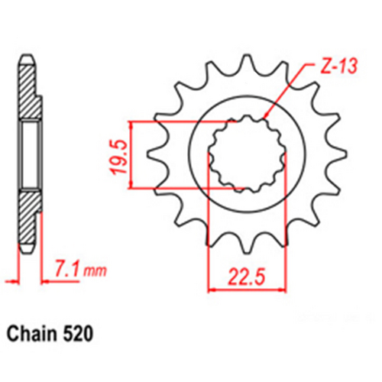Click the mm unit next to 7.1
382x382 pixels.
click(x=94, y=271)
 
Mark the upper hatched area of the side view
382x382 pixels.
click(x=28, y=92)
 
